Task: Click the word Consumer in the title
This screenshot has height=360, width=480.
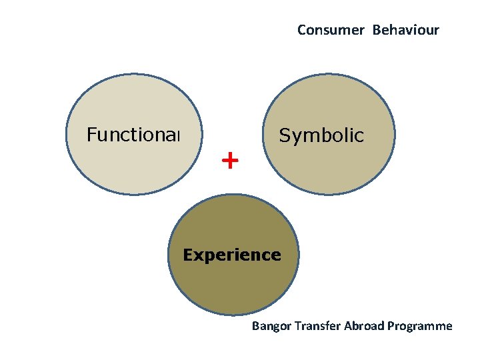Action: pyautogui.click(x=331, y=30)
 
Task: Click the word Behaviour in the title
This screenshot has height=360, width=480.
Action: pyautogui.click(x=405, y=30)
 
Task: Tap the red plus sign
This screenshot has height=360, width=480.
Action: pyautogui.click(x=229, y=161)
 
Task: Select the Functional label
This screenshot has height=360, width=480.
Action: pyautogui.click(x=133, y=135)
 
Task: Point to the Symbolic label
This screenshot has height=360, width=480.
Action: pyautogui.click(x=321, y=136)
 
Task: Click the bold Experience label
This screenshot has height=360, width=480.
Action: pyautogui.click(x=232, y=255)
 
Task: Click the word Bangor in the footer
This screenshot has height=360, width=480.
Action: pyautogui.click(x=270, y=326)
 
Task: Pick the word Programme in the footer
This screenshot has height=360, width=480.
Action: pyautogui.click(x=419, y=326)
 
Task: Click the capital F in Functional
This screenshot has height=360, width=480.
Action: pyautogui.click(x=91, y=135)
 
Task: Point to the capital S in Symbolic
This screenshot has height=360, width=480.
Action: pyautogui.click(x=284, y=136)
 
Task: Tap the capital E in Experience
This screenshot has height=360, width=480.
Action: pyautogui.click(x=187, y=255)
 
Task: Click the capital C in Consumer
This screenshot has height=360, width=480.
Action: pyautogui.click(x=301, y=30)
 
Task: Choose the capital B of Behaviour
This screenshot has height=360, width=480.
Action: pyautogui.click(x=376, y=30)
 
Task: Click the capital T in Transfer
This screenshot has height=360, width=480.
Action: pyautogui.click(x=295, y=326)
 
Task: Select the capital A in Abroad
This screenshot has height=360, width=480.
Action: pyautogui.click(x=346, y=326)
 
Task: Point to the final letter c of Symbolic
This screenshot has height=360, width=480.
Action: pyautogui.click(x=360, y=137)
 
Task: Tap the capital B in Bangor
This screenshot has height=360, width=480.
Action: pyautogui.click(x=255, y=326)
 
